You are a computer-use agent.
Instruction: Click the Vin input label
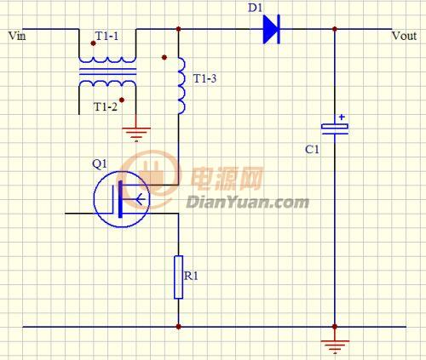click(x=17, y=36)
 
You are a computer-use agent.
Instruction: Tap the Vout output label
click(x=404, y=36)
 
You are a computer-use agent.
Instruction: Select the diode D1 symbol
click(x=272, y=29)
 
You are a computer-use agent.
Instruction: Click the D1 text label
click(x=255, y=8)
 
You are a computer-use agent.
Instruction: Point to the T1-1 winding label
click(x=106, y=36)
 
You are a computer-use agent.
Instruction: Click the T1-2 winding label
click(x=105, y=106)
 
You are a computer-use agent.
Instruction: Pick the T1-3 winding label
click(x=204, y=78)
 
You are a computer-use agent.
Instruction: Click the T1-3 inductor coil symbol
click(x=181, y=86)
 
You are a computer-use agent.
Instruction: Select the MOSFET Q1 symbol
click(x=122, y=199)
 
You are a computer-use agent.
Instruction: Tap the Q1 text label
click(x=100, y=164)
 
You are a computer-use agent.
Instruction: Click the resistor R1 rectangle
click(x=178, y=277)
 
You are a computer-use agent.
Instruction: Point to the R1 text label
click(x=191, y=276)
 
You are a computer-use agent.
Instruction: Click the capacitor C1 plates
click(x=335, y=129)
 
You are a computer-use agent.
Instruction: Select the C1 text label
click(x=312, y=149)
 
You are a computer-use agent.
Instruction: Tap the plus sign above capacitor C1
click(x=342, y=117)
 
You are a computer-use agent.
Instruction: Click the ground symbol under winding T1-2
click(x=136, y=134)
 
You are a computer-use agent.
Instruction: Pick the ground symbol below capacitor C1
click(x=335, y=346)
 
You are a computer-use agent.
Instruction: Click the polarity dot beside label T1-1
click(x=93, y=43)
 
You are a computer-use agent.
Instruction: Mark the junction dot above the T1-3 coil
click(x=178, y=29)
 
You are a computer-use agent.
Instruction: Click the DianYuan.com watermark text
click(x=247, y=203)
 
